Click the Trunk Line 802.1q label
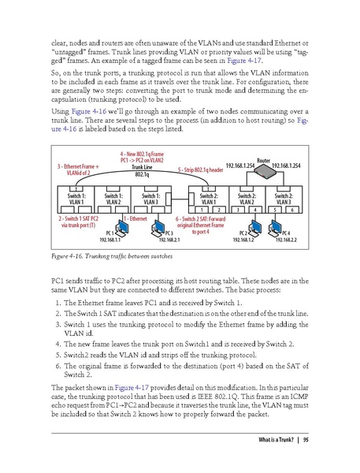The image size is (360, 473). click(142, 170)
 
